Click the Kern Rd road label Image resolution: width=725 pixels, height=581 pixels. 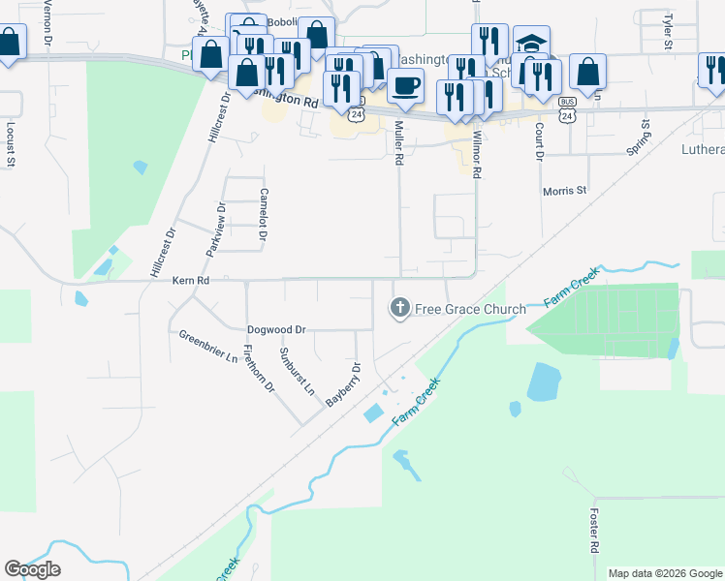click(x=191, y=281)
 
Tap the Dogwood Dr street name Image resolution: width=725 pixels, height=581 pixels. click(x=276, y=329)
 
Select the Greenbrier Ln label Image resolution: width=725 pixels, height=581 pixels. click(x=208, y=347)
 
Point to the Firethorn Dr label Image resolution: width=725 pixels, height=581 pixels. click(x=259, y=369)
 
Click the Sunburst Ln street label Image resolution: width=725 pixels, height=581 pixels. click(x=298, y=371)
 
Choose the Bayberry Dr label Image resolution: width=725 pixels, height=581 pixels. click(x=343, y=384)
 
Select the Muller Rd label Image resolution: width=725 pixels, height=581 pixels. click(x=398, y=143)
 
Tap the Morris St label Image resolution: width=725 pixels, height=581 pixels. click(x=565, y=191)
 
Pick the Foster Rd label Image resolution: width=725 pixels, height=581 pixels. click(x=593, y=532)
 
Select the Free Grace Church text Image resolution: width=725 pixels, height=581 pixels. click(x=470, y=310)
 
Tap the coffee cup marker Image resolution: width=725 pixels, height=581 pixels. click(x=405, y=84)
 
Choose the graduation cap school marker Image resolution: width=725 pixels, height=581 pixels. click(x=531, y=44)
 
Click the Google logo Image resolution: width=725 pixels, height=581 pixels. click(x=32, y=569)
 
